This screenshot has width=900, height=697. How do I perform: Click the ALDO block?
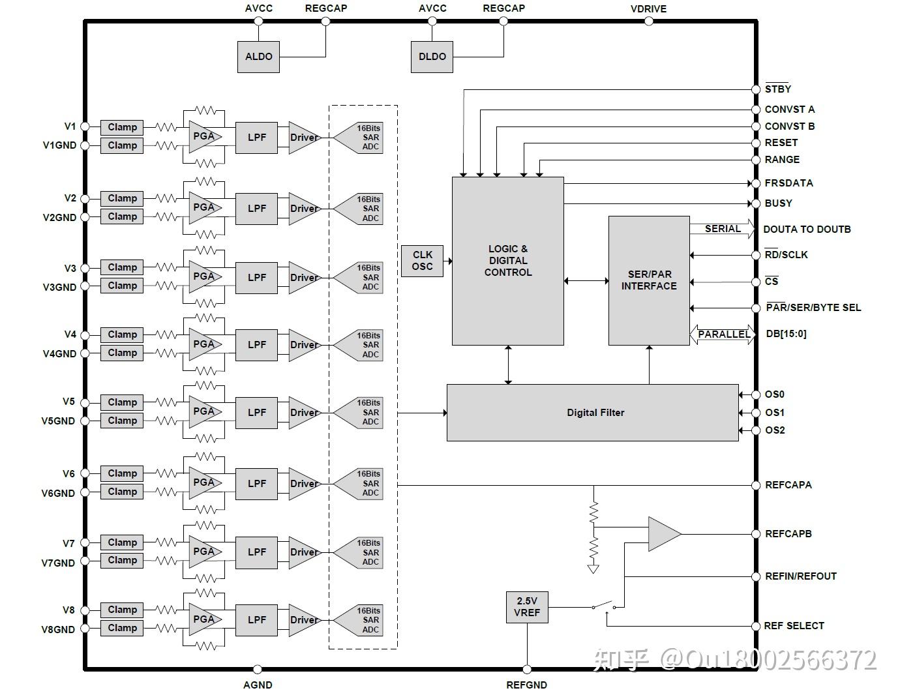click(x=258, y=57)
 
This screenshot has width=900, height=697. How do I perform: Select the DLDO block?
click(x=432, y=57)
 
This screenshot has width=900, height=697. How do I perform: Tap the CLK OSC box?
click(x=422, y=261)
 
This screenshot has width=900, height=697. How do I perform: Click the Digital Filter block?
click(x=593, y=413)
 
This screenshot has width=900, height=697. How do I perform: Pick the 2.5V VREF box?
click(x=527, y=607)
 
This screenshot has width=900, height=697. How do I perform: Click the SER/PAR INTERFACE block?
click(x=649, y=280)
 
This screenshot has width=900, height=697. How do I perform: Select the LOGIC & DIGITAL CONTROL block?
click(x=508, y=261)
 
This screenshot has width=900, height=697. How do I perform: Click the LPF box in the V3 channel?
click(x=256, y=278)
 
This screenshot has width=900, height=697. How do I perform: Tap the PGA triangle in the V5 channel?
click(x=205, y=412)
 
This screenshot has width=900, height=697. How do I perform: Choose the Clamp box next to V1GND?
click(x=122, y=145)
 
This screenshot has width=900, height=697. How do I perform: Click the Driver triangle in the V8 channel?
click(x=305, y=620)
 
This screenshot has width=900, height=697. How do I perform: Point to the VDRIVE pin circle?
click(x=649, y=21)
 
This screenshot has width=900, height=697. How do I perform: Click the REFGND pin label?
click(x=526, y=685)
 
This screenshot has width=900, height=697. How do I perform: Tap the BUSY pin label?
click(x=778, y=203)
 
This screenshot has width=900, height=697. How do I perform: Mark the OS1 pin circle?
click(x=756, y=413)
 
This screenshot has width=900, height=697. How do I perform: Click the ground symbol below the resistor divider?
click(x=593, y=569)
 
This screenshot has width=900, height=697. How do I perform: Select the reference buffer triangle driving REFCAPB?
click(x=663, y=534)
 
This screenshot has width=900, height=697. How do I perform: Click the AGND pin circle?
click(x=257, y=669)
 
